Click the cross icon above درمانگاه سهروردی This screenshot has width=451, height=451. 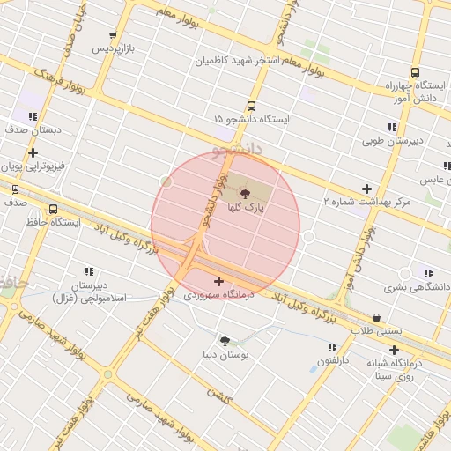coord(218,281)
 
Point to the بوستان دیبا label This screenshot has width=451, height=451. coord(226,356)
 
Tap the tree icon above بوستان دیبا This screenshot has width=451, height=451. coord(225,340)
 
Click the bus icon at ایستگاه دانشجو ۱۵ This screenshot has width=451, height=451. coord(252,106)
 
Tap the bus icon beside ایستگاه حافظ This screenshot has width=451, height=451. coord(54,210)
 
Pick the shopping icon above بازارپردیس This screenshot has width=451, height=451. coord(113,34)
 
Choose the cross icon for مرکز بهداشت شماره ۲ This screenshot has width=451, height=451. coord(366,189)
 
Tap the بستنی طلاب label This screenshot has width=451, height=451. coord(376,330)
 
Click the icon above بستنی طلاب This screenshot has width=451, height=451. coord(377,317)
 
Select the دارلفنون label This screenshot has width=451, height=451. coord(335,361)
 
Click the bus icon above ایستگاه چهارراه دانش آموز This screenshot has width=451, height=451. coord(415,73)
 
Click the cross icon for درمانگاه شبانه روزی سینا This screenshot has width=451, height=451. coord(395,350)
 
